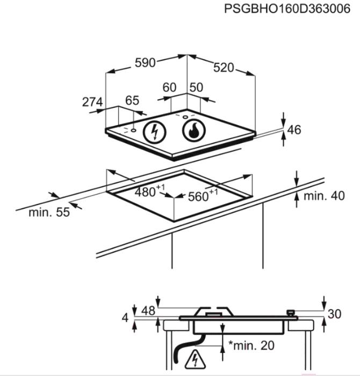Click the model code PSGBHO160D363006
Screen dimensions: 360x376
pyautogui.click(x=287, y=9)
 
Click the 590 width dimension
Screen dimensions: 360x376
pyautogui.click(x=145, y=63)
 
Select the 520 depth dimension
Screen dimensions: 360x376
pyautogui.click(x=224, y=68)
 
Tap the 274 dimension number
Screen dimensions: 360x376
pyautogui.click(x=92, y=102)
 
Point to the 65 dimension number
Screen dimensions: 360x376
pyautogui.click(x=132, y=101)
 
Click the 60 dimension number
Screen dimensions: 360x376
pyautogui.click(x=169, y=88)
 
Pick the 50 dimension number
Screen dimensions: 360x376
pyautogui.click(x=196, y=88)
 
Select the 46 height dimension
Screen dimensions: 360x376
pyautogui.click(x=294, y=130)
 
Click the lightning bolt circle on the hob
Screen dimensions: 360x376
pyautogui.click(x=155, y=132)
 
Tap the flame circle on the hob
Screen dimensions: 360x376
pyautogui.click(x=194, y=130)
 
